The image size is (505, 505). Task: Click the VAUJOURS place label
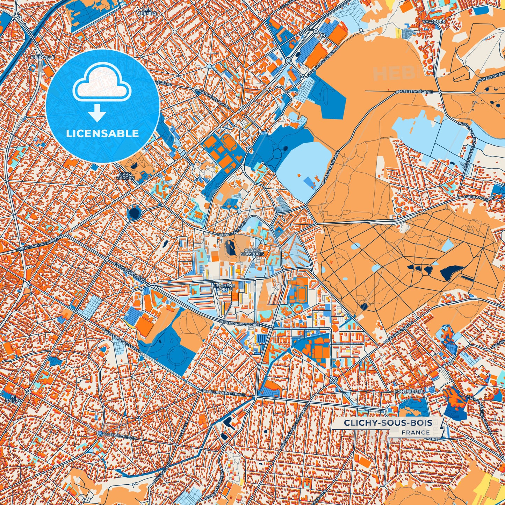point(436,21)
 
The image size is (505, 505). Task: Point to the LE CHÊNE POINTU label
point(224,287)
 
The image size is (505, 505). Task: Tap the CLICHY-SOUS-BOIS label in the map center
point(252,252)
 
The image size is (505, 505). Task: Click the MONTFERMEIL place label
point(409,392)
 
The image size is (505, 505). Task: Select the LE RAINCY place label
point(15,399)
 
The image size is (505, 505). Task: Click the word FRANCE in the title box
point(416,432)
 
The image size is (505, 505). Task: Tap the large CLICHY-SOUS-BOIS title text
point(388,423)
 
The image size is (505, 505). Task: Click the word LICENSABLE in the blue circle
point(102,134)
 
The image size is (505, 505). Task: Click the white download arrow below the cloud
point(97,113)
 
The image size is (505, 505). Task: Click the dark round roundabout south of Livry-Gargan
point(134,212)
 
